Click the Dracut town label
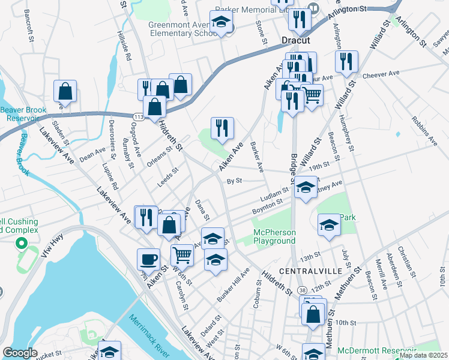pos(296,40)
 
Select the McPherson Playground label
pos(274,236)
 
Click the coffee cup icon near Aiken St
pos(149,259)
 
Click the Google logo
pos(20,353)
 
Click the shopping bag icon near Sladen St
pos(65,91)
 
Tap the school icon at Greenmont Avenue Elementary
pos(222,22)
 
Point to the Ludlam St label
pos(275,194)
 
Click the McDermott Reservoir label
pos(377,350)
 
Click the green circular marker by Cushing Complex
pos(21,244)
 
